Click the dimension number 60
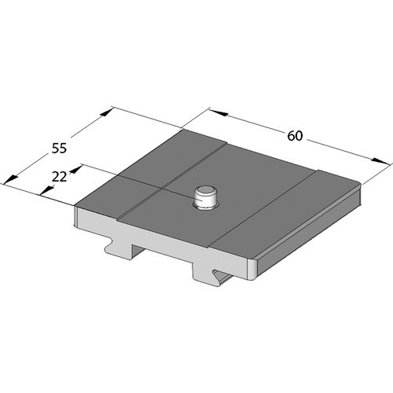[295, 135]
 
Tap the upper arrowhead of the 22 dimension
[75, 168]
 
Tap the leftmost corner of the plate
[76, 208]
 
